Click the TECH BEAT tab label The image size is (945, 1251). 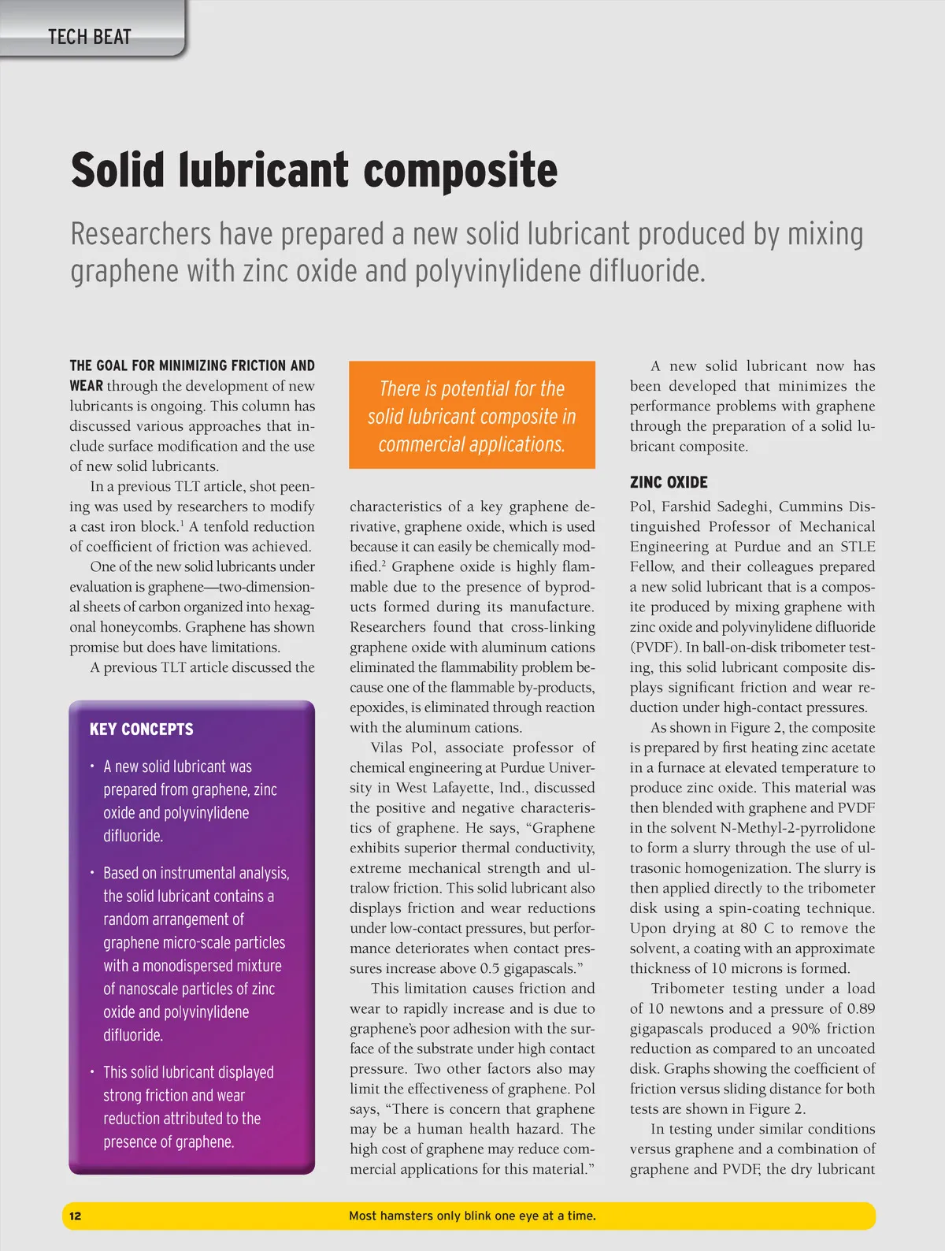point(89,36)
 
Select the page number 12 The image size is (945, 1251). point(75,1216)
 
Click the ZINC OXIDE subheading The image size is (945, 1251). point(669,482)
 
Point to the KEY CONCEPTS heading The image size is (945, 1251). point(141,729)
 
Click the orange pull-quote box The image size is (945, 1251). point(472,415)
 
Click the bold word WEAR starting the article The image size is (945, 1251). point(86,386)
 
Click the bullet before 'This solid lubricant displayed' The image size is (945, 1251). point(92,1072)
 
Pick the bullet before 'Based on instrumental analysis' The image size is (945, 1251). point(92,873)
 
